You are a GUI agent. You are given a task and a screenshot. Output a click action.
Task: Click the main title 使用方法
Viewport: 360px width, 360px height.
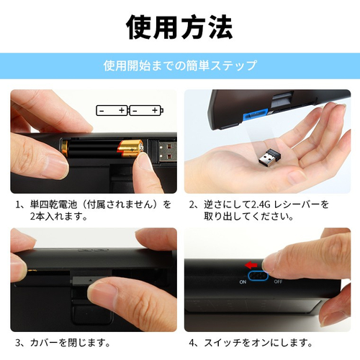coord(179,27)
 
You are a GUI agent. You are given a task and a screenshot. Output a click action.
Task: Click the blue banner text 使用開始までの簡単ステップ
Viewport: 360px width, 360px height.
coord(180,66)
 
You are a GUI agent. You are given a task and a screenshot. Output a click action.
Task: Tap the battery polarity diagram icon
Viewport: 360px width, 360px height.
coord(130,110)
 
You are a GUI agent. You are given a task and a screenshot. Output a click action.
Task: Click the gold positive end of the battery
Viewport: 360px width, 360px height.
coord(130,149)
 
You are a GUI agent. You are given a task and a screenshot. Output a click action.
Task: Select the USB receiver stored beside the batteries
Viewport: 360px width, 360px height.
coord(167,151)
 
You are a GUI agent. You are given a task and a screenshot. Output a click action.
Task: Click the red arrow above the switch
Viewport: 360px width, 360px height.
coord(251,265)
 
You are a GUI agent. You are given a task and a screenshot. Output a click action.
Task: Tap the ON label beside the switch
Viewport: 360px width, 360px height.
coord(243,282)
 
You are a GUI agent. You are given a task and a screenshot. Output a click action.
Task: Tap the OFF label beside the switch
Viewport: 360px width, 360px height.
coord(278,282)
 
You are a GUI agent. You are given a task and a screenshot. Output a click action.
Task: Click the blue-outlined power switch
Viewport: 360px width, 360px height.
coord(258,276)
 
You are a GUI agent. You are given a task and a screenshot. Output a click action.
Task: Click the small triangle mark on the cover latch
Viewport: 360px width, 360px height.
coord(91,280)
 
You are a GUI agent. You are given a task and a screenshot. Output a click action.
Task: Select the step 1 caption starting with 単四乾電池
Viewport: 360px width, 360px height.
coord(94,210)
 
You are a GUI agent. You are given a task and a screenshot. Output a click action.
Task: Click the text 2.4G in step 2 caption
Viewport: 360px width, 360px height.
coord(261,204)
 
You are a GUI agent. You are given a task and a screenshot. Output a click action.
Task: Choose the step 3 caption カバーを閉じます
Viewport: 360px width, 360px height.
coord(63,343)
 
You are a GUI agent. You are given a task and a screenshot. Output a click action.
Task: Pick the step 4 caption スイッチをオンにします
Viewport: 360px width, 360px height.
coord(251,343)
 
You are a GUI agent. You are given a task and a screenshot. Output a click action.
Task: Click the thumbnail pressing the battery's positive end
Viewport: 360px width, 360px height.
coord(142,161)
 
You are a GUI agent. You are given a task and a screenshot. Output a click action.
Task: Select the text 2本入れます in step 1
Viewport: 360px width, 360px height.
coord(58,217)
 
